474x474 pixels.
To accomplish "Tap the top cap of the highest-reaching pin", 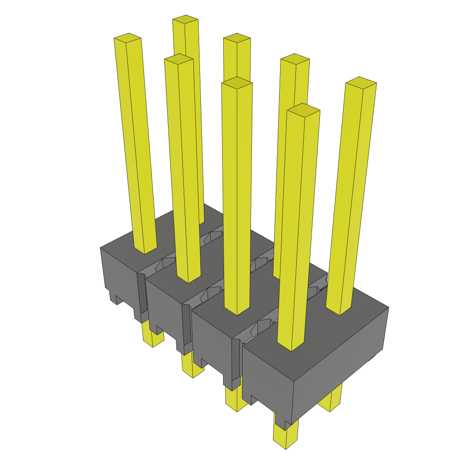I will coord(185,19).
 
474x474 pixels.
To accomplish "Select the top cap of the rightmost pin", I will coord(361,81).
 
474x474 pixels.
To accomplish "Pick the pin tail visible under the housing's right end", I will coord(331,401).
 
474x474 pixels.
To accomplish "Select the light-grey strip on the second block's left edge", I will coord(141,296).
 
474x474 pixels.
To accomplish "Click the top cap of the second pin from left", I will coord(178,58).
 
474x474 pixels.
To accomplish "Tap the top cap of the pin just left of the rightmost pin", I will coord(303,109).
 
